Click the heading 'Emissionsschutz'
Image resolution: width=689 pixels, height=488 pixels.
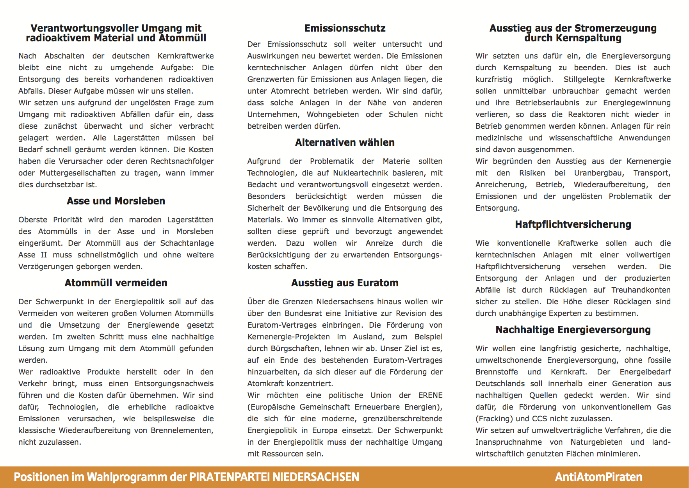[345, 28]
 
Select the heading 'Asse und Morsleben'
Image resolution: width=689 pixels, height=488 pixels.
[116, 201]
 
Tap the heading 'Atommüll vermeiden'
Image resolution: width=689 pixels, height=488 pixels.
[116, 283]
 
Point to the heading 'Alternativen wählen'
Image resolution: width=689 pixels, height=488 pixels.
[345, 143]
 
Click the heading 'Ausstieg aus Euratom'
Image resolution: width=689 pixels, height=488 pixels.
[345, 283]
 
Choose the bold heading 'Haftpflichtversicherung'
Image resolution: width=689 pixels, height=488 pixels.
[573, 225]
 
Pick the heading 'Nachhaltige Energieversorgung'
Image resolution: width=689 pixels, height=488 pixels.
[573, 330]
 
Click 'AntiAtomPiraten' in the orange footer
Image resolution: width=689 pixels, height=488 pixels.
[598, 477]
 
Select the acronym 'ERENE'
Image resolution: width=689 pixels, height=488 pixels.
[430, 396]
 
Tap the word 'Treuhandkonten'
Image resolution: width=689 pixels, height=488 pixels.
[641, 290]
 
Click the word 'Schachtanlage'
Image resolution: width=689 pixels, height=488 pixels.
[187, 243]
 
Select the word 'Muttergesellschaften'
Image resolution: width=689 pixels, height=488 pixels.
[78, 173]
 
